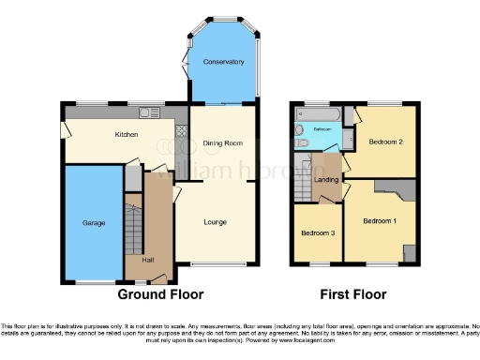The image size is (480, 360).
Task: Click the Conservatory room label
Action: point(223,62)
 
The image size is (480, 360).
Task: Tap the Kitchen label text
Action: point(127,135)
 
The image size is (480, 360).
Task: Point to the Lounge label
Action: point(217,222)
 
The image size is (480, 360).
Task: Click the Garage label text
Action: point(93,223)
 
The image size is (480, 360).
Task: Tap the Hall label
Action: point(148,260)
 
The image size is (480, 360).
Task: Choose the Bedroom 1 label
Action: point(380,220)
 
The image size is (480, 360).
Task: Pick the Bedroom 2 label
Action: point(385,142)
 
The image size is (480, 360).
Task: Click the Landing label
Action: point(326,179)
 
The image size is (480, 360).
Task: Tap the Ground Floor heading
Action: point(160,293)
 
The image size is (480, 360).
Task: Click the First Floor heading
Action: point(352,293)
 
